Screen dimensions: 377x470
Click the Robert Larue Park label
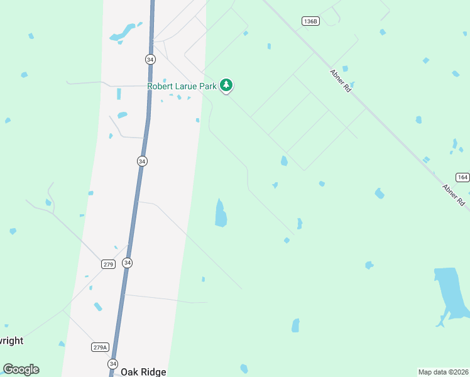182,86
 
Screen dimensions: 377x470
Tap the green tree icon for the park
226,85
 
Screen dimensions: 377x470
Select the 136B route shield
310,21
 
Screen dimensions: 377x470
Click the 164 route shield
462,177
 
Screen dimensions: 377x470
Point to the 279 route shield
108,264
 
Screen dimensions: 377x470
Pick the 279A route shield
100,347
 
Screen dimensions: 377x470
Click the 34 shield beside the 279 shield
128,263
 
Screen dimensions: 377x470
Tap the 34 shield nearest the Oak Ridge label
112,364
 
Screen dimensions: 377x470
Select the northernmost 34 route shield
150,59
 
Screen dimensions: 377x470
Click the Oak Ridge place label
143,372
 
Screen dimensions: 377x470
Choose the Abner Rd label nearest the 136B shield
341,82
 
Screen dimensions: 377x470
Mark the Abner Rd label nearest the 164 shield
452,195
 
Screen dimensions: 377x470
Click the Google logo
21,369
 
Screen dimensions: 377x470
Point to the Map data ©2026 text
443,372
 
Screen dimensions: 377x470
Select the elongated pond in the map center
220,214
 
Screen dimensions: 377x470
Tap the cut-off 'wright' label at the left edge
11,341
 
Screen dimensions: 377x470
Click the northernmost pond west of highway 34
125,31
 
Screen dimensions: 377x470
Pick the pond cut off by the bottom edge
244,369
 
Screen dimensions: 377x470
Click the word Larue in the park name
190,86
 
